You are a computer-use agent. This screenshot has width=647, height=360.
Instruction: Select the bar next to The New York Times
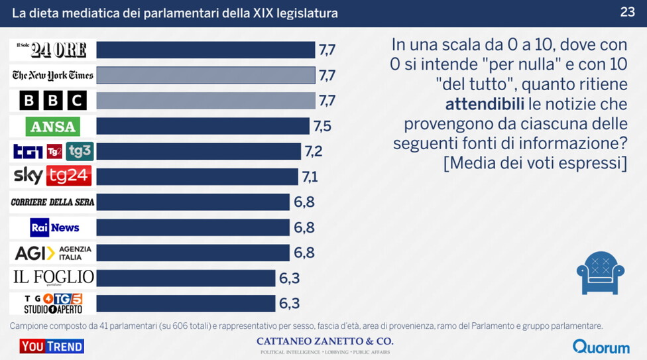click(x=206, y=75)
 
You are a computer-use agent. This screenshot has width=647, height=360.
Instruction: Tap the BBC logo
click(x=53, y=101)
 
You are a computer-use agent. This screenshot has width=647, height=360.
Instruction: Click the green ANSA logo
click(x=53, y=126)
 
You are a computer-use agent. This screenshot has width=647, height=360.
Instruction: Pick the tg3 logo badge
click(x=80, y=151)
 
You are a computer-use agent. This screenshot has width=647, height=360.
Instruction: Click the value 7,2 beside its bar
click(x=314, y=151)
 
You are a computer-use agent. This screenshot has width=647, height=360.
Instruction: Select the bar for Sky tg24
click(x=197, y=176)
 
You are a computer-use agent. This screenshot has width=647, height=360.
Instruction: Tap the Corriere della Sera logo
click(x=53, y=202)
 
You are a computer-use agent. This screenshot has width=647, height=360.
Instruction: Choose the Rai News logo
click(x=54, y=227)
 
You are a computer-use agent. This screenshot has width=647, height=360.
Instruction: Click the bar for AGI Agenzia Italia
click(x=193, y=253)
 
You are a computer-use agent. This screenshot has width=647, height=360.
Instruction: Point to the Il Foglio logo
click(x=53, y=277)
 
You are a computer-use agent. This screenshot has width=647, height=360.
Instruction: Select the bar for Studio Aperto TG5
click(x=186, y=303)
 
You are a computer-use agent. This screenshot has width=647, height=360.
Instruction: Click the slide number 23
click(x=628, y=12)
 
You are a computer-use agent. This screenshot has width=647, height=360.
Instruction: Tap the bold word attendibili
click(x=483, y=104)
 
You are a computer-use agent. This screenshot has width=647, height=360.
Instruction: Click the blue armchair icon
click(x=600, y=272)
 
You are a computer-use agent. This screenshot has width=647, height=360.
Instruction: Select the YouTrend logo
click(x=52, y=346)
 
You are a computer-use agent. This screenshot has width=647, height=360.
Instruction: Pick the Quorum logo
click(x=601, y=346)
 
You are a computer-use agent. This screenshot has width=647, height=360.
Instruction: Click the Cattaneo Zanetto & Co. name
click(x=324, y=341)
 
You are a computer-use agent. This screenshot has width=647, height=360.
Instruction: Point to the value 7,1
click(x=310, y=176)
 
